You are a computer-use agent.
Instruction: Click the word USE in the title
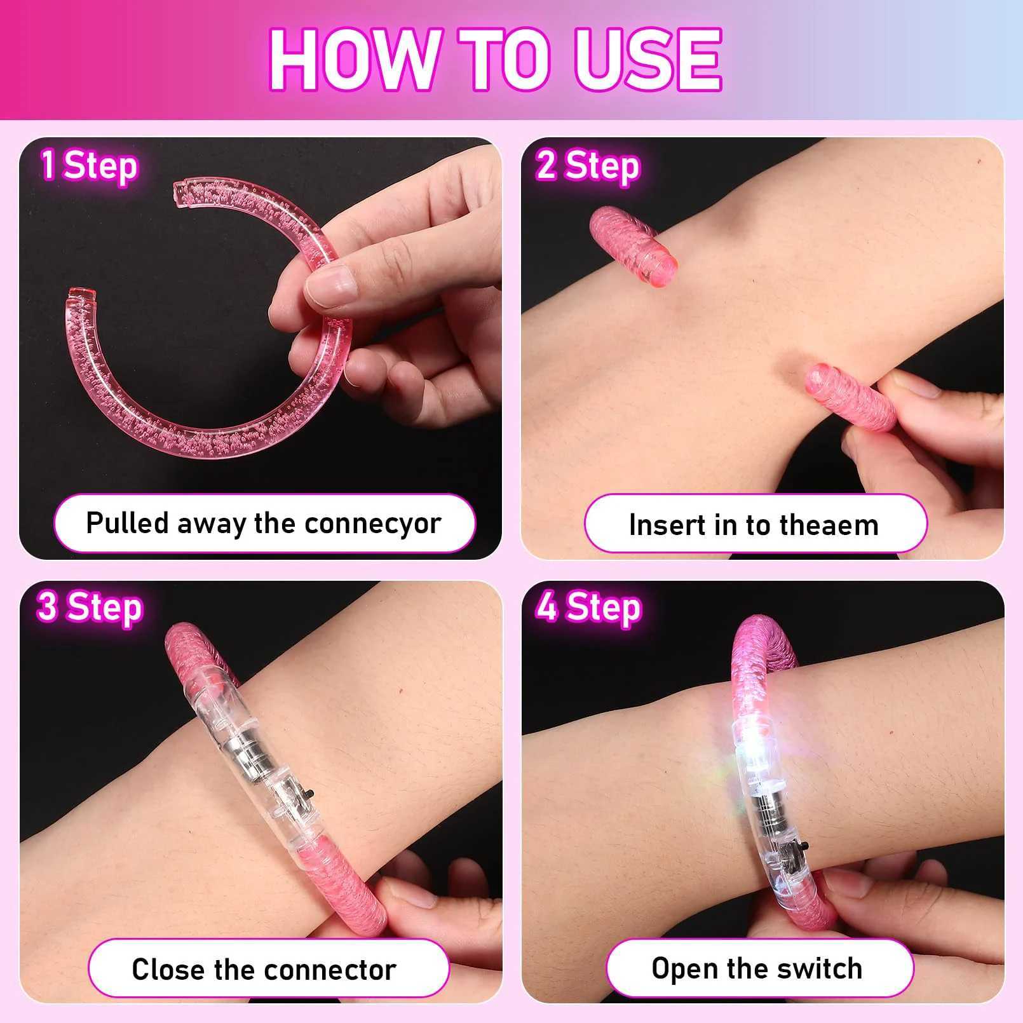tap(647, 60)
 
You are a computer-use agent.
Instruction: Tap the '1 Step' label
tap(90, 166)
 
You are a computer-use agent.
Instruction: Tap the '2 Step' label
tap(587, 166)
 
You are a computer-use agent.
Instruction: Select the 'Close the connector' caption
tap(264, 970)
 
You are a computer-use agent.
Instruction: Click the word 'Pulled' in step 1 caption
tap(127, 524)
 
